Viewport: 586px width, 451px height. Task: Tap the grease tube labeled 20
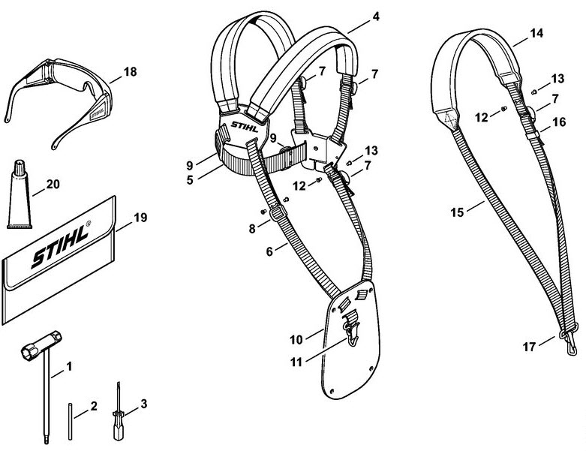tap(20, 195)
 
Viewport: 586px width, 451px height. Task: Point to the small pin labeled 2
tap(70, 421)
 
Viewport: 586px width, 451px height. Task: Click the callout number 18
tap(130, 71)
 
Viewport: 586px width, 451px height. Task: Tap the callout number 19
tap(140, 218)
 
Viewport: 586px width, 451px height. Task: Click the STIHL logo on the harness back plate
tap(245, 127)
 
